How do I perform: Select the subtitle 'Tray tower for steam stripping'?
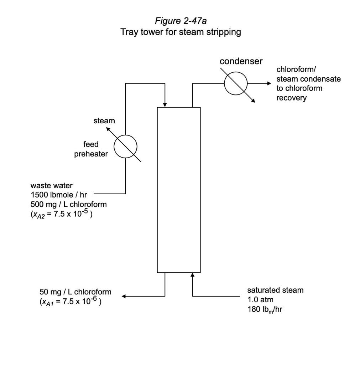pyautogui.click(x=181, y=32)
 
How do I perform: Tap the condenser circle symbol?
pyautogui.click(x=235, y=83)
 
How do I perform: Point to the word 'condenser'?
pyautogui.click(x=241, y=61)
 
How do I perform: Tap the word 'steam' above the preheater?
pyautogui.click(x=104, y=121)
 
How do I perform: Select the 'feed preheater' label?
pyautogui.click(x=91, y=149)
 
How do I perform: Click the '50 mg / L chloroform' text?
pyautogui.click(x=75, y=292)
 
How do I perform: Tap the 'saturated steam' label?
pyautogui.click(x=275, y=290)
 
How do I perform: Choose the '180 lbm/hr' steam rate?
pyautogui.click(x=265, y=309)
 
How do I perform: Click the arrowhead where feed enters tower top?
pyautogui.click(x=165, y=104)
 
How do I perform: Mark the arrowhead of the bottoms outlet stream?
pyautogui.click(x=124, y=296)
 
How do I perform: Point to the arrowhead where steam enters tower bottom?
pyautogui.click(x=193, y=275)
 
